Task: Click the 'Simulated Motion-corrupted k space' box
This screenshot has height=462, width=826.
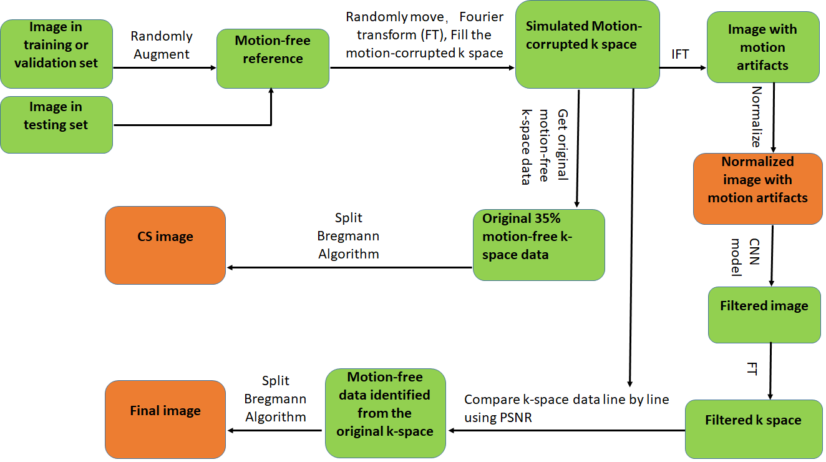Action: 587,44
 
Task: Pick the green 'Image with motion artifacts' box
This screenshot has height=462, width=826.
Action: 762,47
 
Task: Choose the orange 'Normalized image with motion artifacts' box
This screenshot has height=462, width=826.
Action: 757,188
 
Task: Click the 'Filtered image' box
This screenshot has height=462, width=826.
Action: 764,315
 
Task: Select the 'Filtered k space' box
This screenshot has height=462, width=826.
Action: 753,428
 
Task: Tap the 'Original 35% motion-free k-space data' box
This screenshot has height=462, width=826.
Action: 539,245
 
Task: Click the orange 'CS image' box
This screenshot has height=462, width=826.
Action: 165,245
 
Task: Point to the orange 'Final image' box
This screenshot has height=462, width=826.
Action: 165,419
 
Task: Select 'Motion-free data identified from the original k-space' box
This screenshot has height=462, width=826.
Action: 385,413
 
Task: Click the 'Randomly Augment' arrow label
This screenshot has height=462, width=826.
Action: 162,46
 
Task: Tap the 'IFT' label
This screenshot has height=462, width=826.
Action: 680,54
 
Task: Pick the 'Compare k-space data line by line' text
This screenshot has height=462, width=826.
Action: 566,400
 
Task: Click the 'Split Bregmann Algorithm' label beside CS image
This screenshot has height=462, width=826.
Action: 348,236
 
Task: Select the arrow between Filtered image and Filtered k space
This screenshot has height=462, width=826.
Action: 770,371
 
